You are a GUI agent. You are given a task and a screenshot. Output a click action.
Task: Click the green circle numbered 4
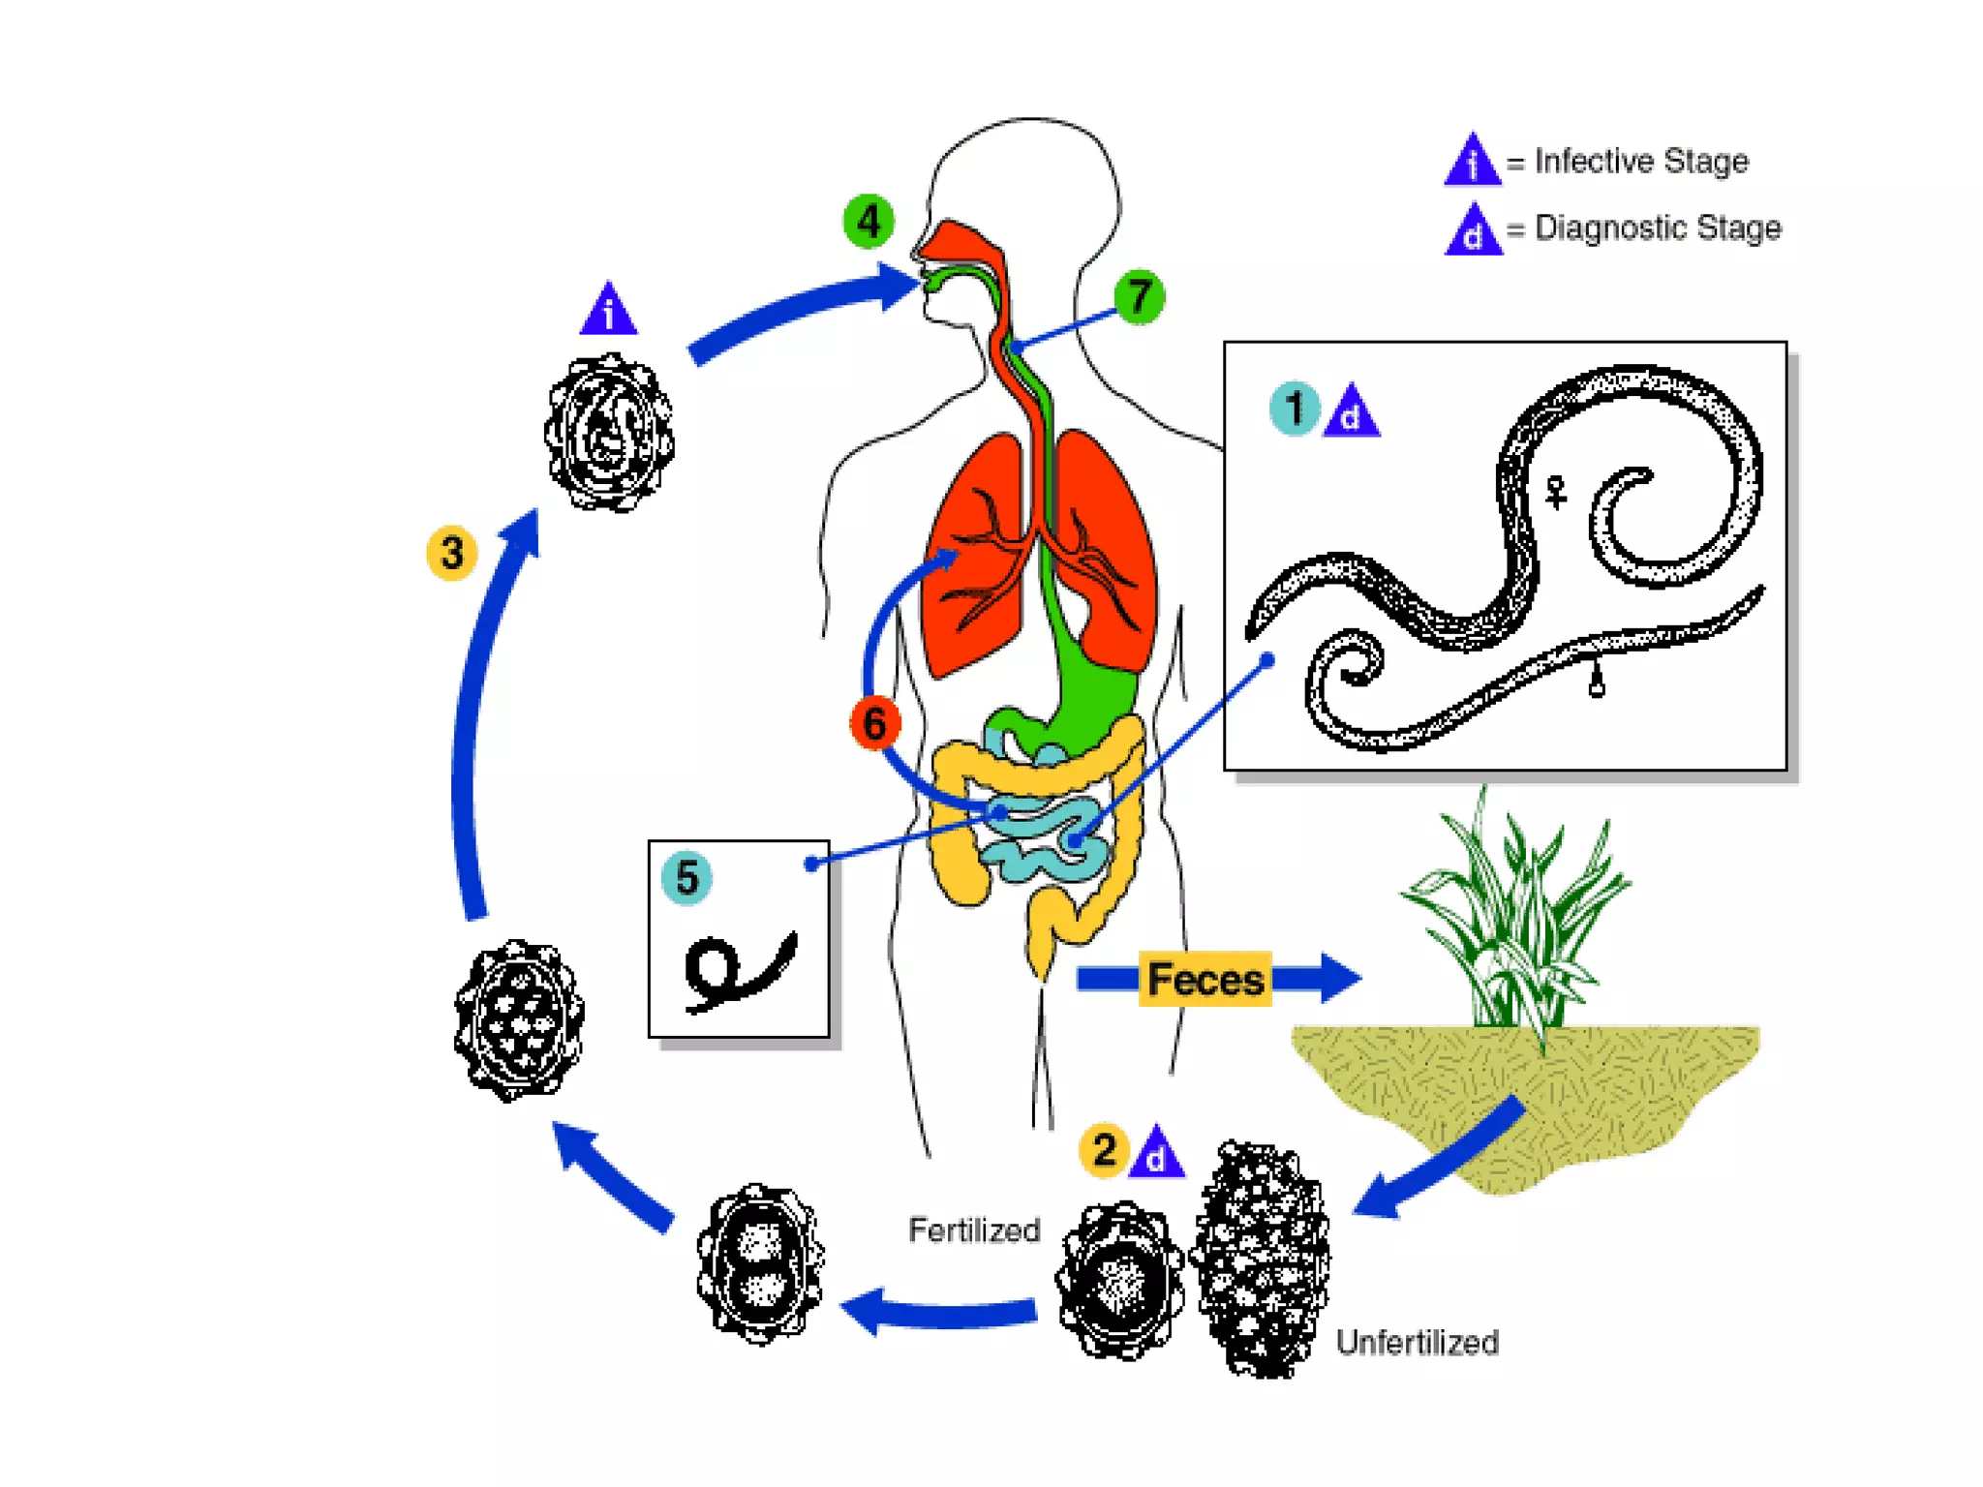869,222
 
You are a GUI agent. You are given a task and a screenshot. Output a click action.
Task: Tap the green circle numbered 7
1139,296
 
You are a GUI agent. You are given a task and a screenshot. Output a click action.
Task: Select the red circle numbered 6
874,722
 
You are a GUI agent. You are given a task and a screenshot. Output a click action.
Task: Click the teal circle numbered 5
686,878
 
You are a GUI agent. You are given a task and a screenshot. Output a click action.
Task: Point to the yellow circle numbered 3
451,553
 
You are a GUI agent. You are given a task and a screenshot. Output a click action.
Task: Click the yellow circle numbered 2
1104,1150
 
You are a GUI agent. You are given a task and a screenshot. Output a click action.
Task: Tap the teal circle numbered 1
1295,409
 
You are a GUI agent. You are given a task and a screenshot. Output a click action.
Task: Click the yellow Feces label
1205,979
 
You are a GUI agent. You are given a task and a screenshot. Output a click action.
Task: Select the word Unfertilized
1417,1343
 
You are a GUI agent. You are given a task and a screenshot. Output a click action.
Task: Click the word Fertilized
974,1230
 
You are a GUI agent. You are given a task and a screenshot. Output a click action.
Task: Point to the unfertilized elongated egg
1263,1259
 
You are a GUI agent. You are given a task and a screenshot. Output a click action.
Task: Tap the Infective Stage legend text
1641,161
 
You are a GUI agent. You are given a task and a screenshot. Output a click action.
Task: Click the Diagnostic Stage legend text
1658,228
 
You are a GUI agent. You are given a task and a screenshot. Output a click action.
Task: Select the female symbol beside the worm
1556,492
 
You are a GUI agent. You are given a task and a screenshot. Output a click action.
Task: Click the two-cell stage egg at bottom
761,1263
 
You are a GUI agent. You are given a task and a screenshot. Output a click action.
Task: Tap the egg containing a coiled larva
609,433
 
